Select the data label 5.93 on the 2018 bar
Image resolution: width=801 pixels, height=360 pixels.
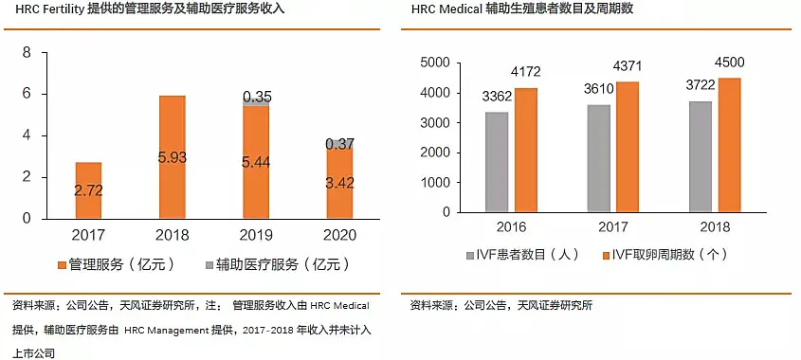pos(172,157)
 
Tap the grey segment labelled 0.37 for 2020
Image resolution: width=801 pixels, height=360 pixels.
pos(339,144)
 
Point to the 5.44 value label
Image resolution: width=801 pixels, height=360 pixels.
pos(256,162)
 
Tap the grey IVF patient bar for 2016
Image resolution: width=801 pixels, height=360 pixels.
pos(497,162)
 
